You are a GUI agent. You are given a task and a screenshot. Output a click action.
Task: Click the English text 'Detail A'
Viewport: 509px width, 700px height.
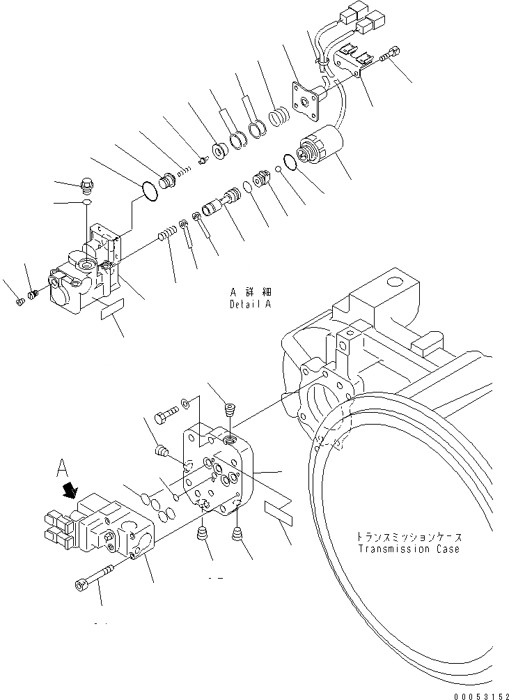[x=251, y=305]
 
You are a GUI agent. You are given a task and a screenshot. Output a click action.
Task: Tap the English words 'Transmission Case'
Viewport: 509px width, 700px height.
[x=409, y=549]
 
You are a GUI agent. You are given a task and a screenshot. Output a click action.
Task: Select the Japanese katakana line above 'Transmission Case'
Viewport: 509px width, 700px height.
[x=409, y=538]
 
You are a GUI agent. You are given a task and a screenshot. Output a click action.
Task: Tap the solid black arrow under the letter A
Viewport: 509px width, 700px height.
[x=70, y=492]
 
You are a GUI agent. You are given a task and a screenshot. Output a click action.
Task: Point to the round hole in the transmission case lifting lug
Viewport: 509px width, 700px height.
[x=394, y=282]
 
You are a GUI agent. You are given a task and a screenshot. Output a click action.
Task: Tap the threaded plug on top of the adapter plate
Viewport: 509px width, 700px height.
[x=230, y=411]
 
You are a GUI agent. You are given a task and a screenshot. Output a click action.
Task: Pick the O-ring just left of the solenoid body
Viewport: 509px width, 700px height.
[x=291, y=162]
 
